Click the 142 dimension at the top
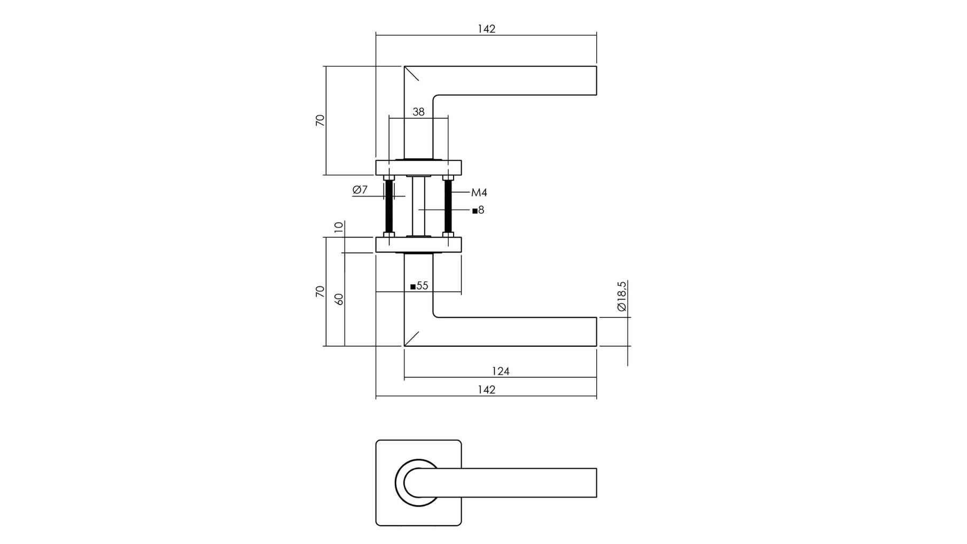point(486,29)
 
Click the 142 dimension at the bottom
point(486,390)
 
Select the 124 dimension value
point(501,371)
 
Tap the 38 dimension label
point(418,112)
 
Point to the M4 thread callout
point(479,192)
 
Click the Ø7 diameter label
point(360,189)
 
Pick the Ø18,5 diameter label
point(621,296)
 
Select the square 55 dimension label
point(419,286)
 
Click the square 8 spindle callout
point(478,210)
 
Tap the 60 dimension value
point(339,299)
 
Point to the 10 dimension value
point(339,227)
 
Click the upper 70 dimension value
point(320,120)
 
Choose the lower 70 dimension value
point(320,291)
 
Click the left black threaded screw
point(389,206)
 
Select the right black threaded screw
point(448,206)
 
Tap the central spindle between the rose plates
point(418,206)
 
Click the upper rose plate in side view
point(418,168)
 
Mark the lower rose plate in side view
point(418,245)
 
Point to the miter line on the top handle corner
point(411,73)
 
